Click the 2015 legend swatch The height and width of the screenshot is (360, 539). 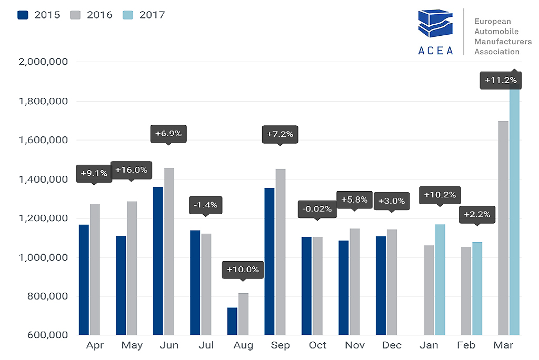(23, 15)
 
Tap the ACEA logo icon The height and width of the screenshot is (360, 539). (435, 26)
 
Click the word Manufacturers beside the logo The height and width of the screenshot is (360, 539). (503, 42)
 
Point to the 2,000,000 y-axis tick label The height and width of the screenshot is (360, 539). (43, 62)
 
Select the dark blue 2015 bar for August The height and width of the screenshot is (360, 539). (232, 321)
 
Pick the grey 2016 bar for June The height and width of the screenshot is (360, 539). (169, 252)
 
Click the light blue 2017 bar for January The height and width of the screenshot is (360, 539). (440, 279)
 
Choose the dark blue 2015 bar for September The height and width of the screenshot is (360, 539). (269, 261)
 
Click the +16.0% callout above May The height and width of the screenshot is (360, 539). (131, 170)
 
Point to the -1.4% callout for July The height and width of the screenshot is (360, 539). (206, 204)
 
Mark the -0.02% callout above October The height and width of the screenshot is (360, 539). (317, 209)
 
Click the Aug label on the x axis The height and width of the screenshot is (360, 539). (243, 346)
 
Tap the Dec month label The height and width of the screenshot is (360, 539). (392, 346)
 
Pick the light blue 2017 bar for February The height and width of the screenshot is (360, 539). (477, 288)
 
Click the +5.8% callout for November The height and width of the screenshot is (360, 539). (354, 200)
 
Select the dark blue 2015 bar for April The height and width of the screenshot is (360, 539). (84, 279)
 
